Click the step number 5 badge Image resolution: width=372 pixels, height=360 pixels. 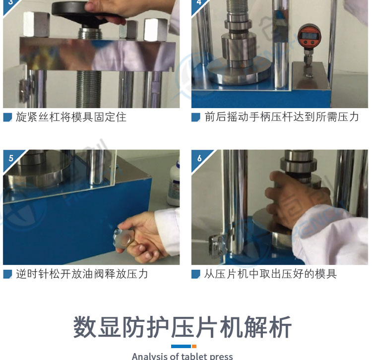(11, 158)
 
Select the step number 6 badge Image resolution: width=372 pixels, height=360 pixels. (199, 158)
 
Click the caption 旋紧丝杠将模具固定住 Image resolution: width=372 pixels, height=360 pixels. (71, 117)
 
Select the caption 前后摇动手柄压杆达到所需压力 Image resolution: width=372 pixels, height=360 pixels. (282, 117)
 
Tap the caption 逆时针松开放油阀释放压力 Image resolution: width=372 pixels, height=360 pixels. (82, 274)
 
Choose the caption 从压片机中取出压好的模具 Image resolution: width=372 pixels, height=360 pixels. (270, 274)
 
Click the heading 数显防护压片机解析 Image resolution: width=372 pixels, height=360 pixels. (182, 327)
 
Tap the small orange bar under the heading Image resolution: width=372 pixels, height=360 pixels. (194, 346)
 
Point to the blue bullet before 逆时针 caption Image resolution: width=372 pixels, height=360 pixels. (7, 274)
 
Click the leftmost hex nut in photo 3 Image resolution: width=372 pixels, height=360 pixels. (36, 24)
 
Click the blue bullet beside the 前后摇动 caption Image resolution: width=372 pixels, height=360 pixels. (196, 117)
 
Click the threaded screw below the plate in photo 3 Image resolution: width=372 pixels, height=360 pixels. (88, 89)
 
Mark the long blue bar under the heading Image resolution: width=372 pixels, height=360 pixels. (181, 346)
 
